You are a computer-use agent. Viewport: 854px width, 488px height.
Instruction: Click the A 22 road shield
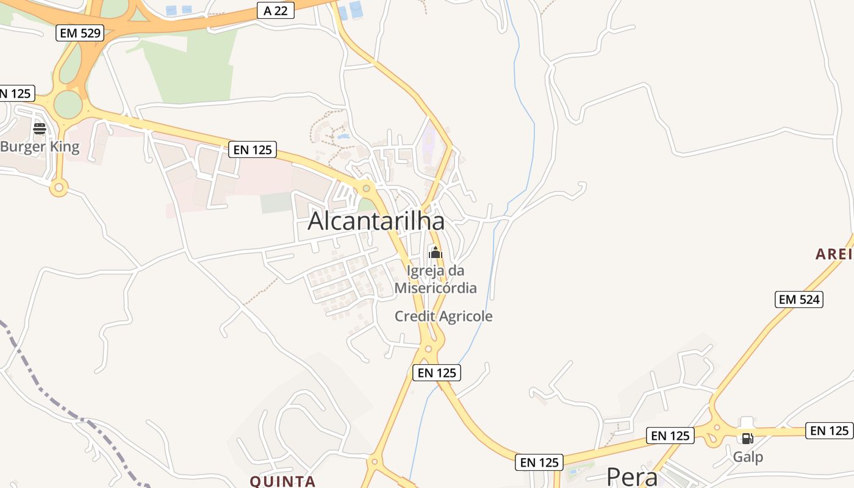tap(276, 10)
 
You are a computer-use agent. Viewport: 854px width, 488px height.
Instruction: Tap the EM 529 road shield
tap(80, 33)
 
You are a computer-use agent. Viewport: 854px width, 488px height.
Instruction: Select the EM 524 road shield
tap(800, 299)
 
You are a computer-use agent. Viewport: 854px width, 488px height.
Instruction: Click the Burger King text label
tap(40, 147)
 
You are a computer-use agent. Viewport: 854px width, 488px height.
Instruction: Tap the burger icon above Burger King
tap(40, 129)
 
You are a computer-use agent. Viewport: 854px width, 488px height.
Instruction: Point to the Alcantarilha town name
tap(376, 221)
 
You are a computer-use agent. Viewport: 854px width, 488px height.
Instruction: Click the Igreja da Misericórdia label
tap(436, 279)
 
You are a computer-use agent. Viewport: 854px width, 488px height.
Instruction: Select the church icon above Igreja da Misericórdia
tap(435, 253)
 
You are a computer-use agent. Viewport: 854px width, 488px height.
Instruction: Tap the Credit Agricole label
tap(443, 316)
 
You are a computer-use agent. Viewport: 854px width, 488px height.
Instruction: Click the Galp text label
tap(748, 457)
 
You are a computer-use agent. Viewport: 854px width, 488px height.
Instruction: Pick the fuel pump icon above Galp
tap(747, 438)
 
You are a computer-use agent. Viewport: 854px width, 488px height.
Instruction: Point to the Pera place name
tap(632, 476)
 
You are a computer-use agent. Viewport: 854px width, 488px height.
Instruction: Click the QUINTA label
tap(283, 481)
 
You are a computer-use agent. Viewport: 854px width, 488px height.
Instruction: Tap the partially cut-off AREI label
tap(834, 254)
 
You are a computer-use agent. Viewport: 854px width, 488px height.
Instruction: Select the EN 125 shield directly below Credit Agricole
tap(437, 373)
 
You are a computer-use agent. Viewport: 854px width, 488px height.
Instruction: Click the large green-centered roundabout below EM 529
tap(68, 105)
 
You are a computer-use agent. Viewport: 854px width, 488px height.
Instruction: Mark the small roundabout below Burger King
tap(59, 187)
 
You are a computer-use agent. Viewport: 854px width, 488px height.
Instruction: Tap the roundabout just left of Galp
tap(716, 429)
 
